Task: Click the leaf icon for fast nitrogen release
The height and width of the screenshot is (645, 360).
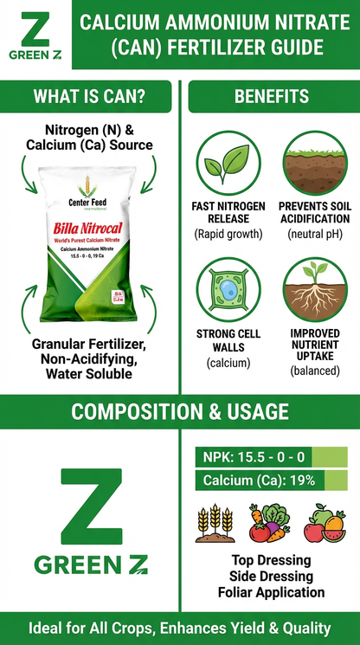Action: click(x=228, y=164)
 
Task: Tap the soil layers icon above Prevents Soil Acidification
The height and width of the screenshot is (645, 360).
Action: click(x=314, y=164)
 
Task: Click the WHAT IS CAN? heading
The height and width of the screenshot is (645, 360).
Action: click(x=88, y=95)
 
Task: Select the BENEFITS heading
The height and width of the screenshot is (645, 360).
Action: click(x=271, y=95)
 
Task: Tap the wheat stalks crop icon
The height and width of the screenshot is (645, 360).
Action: click(x=215, y=522)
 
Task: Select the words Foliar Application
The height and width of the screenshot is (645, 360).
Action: click(x=271, y=592)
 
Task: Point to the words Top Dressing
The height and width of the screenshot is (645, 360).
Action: click(x=271, y=561)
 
